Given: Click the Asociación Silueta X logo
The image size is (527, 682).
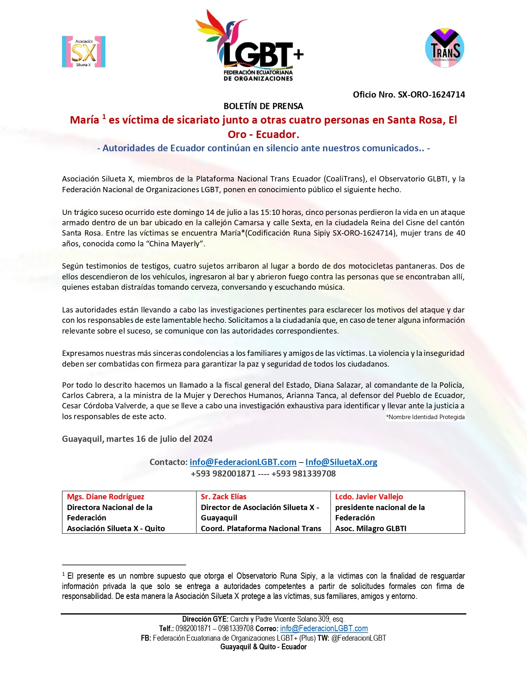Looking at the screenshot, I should pos(83,52).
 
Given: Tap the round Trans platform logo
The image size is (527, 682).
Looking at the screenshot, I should pos(445,48).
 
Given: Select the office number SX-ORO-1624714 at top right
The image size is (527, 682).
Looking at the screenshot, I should pos(431,95).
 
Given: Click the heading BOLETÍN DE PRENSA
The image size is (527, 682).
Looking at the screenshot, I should pos(263,106).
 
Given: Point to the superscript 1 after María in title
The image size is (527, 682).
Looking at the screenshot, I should pos(104,117).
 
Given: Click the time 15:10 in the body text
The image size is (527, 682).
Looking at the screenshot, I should pos(270,212).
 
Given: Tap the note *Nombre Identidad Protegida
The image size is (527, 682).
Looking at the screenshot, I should pos(425,417).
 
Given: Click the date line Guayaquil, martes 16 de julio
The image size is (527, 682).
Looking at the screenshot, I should pos(137,439).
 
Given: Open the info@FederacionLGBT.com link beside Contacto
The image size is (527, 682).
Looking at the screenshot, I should pos(243,462).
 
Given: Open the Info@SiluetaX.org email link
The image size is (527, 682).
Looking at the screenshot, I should pos(341,462).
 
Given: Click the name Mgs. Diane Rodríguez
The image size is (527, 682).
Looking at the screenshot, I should pos(106,497).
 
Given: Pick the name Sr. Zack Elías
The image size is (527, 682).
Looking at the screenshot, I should pos(224,497).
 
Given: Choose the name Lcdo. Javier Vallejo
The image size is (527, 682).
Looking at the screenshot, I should pos(369,497).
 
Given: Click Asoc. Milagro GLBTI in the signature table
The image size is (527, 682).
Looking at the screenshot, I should pos(371,529).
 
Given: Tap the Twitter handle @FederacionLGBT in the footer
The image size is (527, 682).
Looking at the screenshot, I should pos(359,638).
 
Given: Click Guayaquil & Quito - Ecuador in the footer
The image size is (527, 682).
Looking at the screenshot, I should pos(263,647).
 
